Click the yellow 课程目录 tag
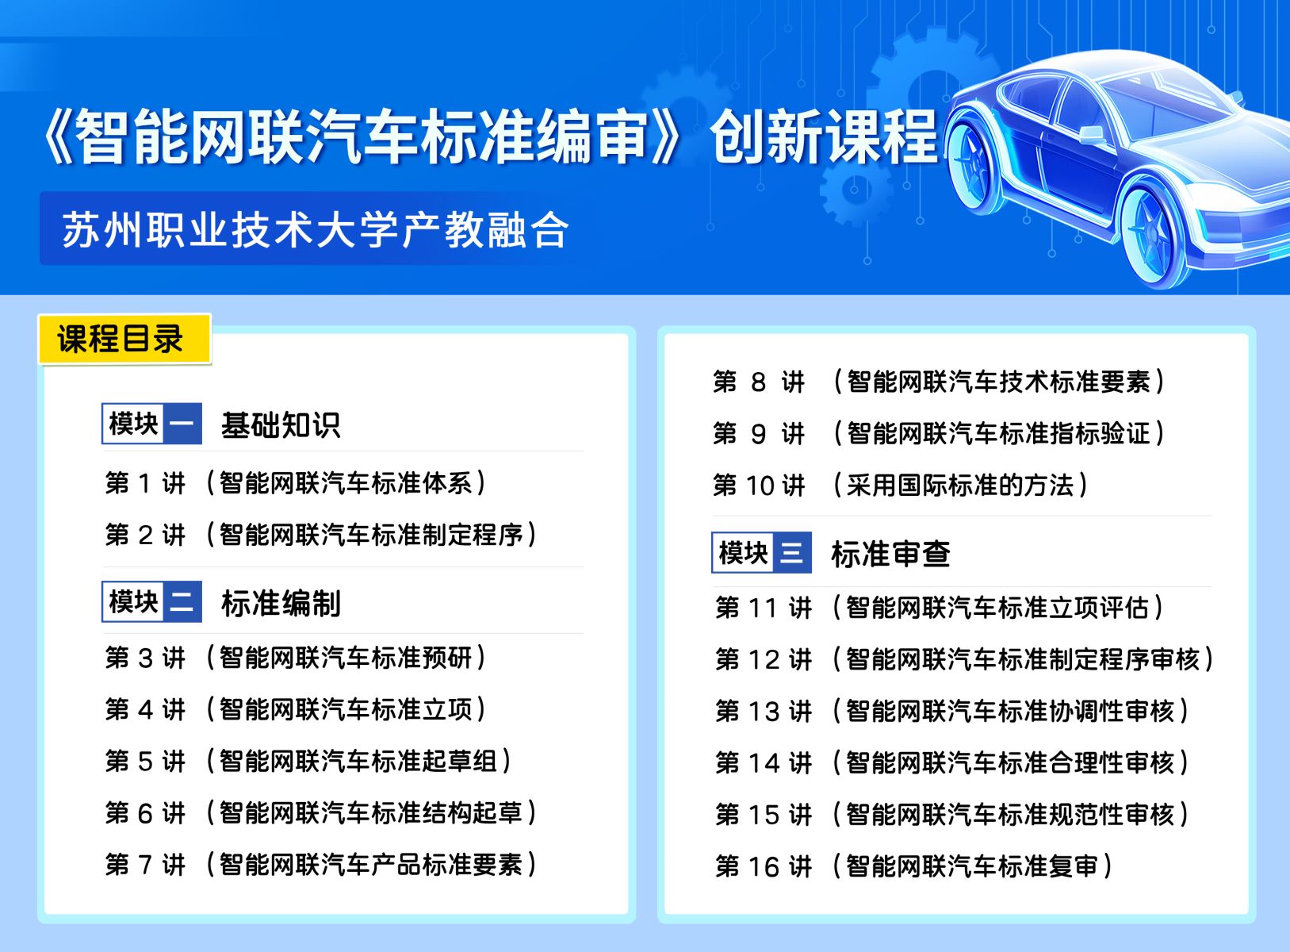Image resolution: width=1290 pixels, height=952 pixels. [x=124, y=339]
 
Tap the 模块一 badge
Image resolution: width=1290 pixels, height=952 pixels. [x=152, y=424]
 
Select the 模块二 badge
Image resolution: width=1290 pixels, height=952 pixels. [x=152, y=601]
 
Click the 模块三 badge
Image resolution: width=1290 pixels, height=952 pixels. [x=761, y=552]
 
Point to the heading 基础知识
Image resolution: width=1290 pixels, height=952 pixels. [x=281, y=425]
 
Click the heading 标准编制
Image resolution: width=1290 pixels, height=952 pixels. [x=281, y=604]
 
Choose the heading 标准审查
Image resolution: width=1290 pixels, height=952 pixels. [x=890, y=554]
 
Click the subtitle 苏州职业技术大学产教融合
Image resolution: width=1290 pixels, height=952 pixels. [x=316, y=229]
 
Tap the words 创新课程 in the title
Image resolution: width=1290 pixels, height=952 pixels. [x=824, y=137]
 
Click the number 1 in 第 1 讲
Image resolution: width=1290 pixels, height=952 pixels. [x=144, y=483]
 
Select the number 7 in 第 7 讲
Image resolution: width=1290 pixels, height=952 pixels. [x=144, y=865]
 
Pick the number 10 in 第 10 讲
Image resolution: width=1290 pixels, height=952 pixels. [x=760, y=486]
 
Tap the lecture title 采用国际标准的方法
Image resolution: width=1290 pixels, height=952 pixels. [x=961, y=485]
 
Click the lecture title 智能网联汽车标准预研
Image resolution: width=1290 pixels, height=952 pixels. [x=346, y=658]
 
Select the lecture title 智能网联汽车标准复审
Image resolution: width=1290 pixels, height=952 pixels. [x=971, y=866]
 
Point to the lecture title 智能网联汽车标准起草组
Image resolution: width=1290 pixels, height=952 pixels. [x=358, y=761]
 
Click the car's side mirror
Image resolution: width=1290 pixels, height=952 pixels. [x=1091, y=134]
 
